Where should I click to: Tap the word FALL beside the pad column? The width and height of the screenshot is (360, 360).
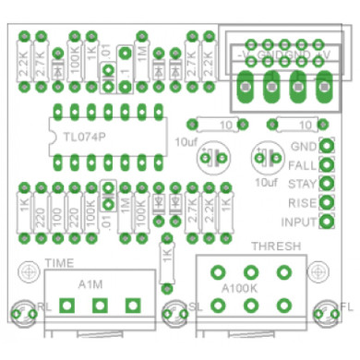303,164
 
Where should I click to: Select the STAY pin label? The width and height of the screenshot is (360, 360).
303,183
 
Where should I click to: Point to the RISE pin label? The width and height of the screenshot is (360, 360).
303,202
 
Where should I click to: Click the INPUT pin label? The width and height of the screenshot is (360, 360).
298,222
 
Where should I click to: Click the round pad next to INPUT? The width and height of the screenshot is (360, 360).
326,222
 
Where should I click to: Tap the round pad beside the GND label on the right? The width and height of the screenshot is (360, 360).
326,146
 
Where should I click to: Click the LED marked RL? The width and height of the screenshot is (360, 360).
23,313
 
